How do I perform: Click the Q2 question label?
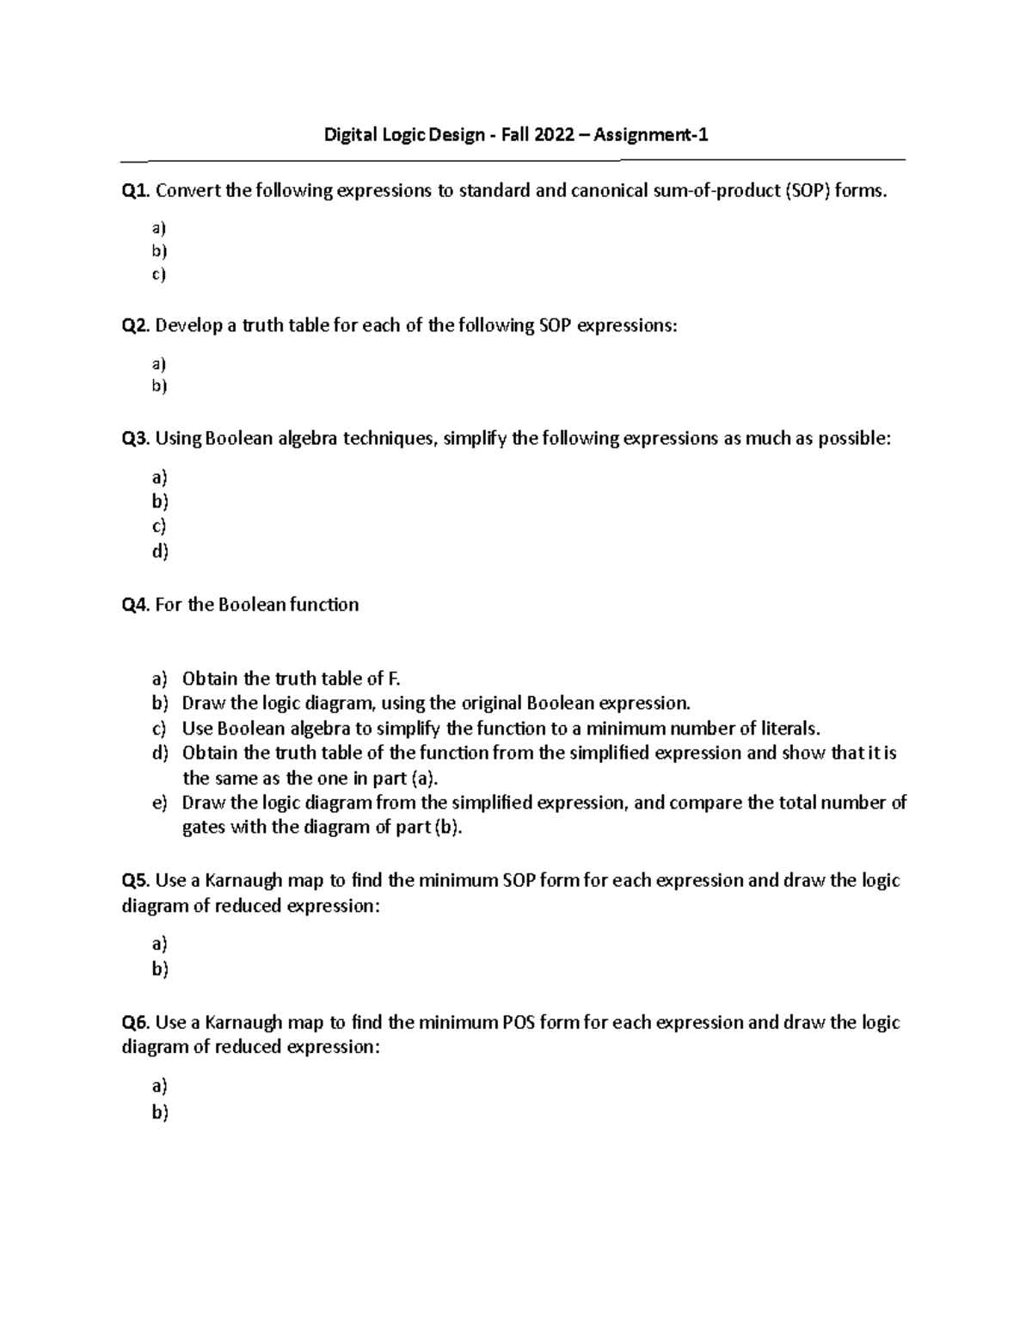click(137, 326)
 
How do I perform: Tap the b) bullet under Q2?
click(159, 385)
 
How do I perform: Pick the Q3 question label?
click(137, 439)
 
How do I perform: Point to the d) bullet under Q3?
click(160, 551)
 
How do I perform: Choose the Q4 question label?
click(137, 605)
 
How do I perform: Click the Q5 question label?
click(137, 881)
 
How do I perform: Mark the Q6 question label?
click(137, 1023)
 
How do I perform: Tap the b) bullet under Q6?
click(160, 1112)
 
